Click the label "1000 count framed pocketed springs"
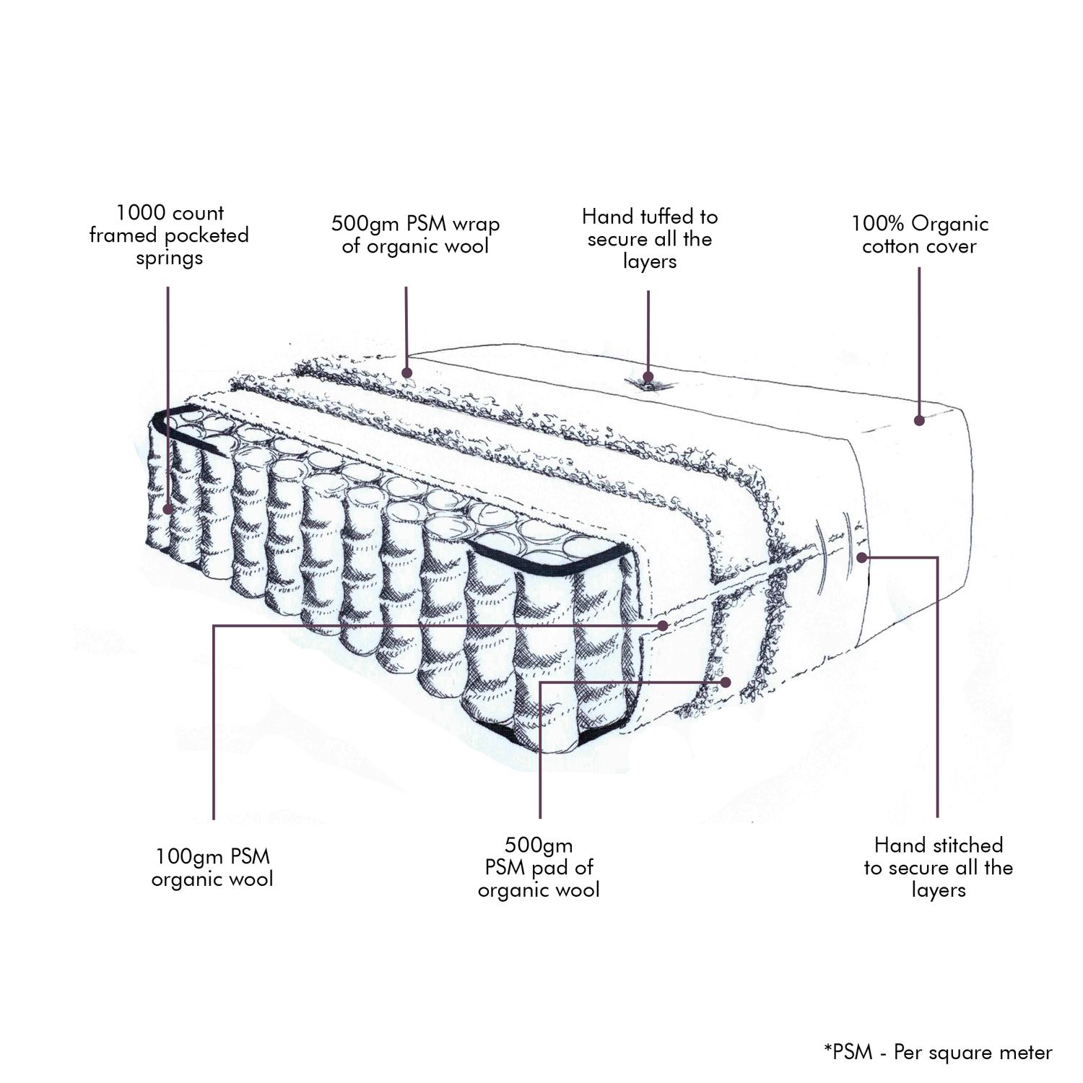[x=169, y=235]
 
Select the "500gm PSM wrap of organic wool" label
[x=415, y=235]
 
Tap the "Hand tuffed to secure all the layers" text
[x=649, y=239]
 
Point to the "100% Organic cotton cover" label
[x=919, y=235]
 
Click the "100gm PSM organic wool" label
[x=212, y=868]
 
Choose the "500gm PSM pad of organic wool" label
[x=539, y=867]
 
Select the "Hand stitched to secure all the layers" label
[x=938, y=867]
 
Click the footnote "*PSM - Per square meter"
[x=937, y=1053]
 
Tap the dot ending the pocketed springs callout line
[x=168, y=508]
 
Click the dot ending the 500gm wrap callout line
[x=406, y=373]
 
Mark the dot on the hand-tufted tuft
[x=648, y=376]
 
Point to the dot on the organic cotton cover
[x=919, y=420]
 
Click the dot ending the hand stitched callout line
[x=862, y=557]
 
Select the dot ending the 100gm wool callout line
[x=663, y=626]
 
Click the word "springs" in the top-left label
[x=169, y=258]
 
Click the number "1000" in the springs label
[x=138, y=213]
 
